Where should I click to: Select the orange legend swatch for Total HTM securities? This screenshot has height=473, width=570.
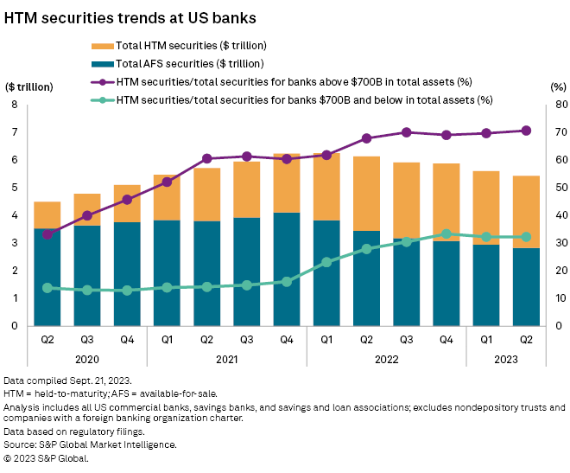pos(101,46)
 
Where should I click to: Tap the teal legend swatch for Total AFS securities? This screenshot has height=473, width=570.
pos(101,64)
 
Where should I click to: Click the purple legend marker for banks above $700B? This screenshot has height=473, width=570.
pos(101,82)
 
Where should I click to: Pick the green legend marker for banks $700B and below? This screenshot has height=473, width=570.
pos(101,100)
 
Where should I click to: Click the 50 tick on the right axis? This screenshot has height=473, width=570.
pos(556,188)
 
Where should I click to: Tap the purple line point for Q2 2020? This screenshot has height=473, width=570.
pos(47,234)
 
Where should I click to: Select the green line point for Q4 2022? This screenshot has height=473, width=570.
pos(446,233)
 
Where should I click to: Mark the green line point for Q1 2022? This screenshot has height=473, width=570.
pos(326,261)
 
